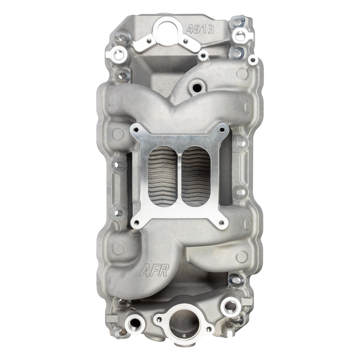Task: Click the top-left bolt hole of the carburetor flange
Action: [x=138, y=130]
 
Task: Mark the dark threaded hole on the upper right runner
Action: [x=196, y=87]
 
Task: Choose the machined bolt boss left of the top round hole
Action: [x=119, y=55]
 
